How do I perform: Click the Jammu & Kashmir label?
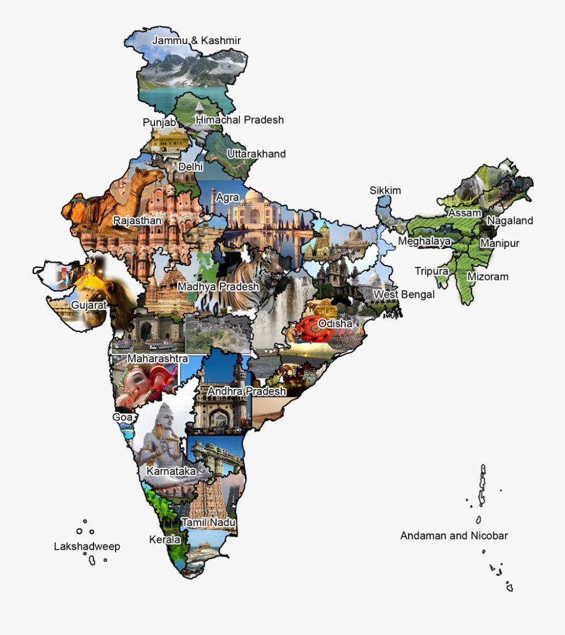[196, 41]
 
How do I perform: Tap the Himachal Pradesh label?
[240, 120]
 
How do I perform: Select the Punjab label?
[159, 122]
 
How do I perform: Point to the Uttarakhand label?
[256, 154]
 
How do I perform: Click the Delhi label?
[190, 167]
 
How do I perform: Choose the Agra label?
[227, 198]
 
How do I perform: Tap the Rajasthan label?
[137, 221]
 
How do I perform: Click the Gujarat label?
[89, 305]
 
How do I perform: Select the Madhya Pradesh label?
[218, 287]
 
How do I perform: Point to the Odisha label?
[335, 323]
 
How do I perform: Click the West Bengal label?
[404, 295]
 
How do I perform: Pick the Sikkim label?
[385, 191]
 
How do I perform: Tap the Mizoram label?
[488, 277]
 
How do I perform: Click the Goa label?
[122, 417]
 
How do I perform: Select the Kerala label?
[164, 540]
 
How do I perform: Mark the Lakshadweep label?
[87, 547]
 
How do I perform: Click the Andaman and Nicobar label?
[454, 536]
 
